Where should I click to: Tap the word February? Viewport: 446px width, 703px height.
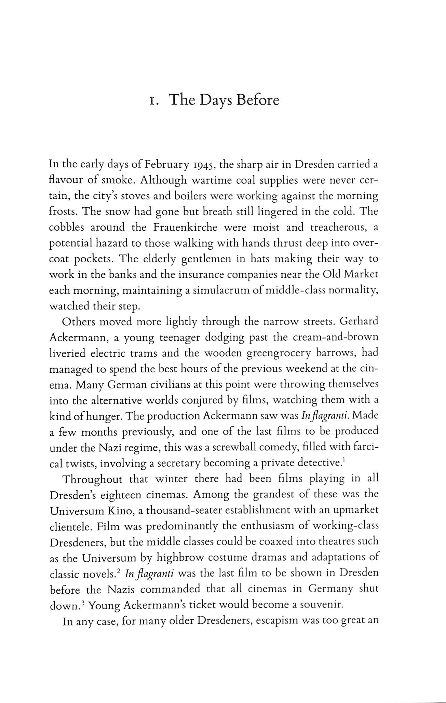point(166,165)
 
